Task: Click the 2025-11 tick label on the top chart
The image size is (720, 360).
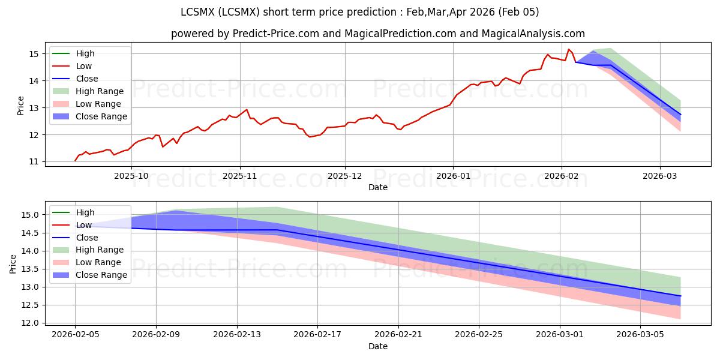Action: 240,176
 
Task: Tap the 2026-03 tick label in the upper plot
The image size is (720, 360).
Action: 660,176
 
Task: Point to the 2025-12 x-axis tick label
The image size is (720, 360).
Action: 344,176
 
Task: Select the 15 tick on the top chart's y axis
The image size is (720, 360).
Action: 34,54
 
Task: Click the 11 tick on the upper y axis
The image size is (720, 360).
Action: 34,162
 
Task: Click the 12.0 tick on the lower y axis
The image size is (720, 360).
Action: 31,323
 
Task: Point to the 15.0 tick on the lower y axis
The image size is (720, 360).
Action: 31,215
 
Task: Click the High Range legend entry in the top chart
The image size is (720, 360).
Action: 100,91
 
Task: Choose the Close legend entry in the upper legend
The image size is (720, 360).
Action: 87,79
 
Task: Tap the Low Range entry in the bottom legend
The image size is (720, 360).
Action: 98,262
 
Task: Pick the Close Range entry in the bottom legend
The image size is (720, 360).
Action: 101,275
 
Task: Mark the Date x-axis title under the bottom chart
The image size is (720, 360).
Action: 378,346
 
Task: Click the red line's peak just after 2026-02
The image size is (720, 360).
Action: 569,49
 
